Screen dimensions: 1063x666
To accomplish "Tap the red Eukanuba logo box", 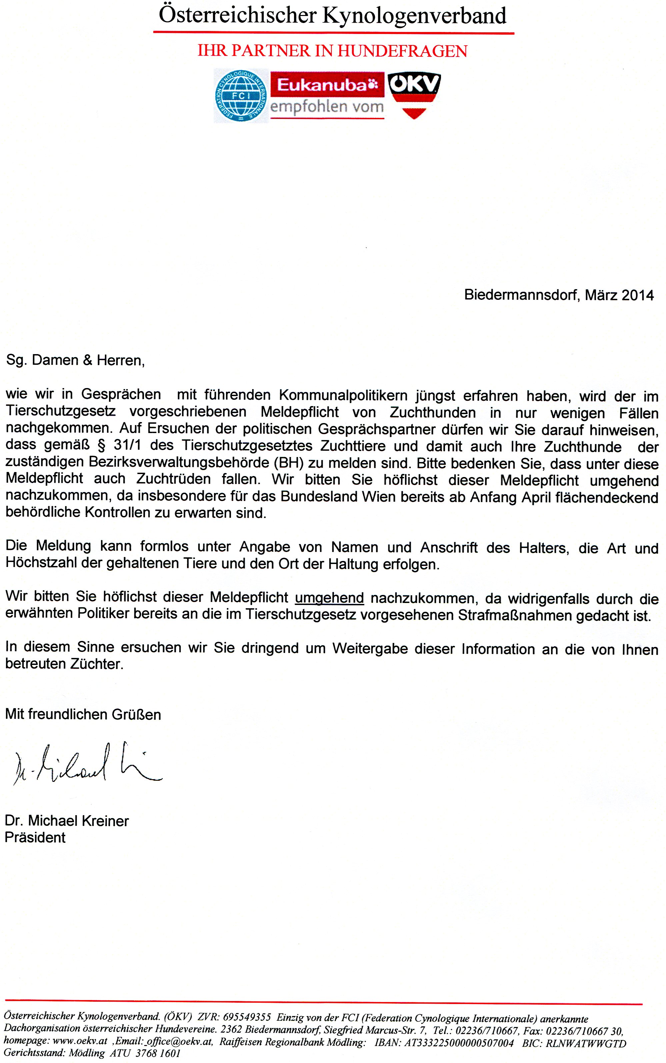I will (327, 85).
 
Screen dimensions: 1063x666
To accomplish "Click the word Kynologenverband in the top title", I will (414, 16).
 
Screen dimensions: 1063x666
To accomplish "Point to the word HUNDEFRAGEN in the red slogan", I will (402, 51).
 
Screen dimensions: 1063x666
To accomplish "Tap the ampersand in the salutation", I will (88, 360).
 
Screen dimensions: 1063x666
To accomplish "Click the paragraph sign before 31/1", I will (101, 445).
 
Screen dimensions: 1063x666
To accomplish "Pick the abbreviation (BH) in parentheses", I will (289, 463).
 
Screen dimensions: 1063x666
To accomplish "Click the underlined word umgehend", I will (329, 598).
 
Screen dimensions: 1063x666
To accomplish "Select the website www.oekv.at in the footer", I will (80, 1041).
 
